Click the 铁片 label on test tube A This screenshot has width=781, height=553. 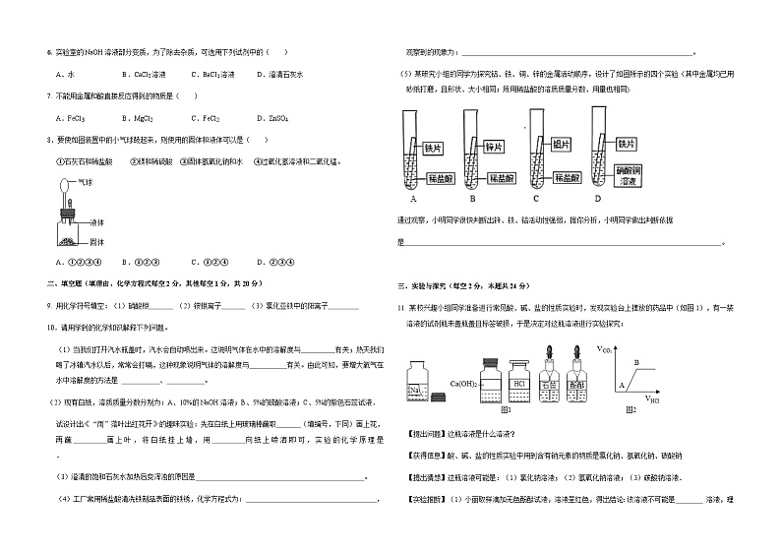coord(432,147)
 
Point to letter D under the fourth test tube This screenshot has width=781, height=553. coord(597,199)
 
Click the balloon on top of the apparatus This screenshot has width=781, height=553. coord(64,183)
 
